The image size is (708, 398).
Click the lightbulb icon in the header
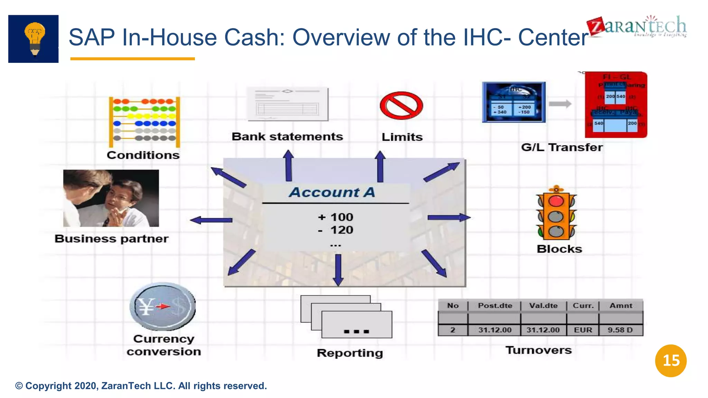tap(34, 38)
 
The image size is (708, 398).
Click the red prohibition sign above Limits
tap(401, 106)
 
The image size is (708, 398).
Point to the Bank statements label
tap(287, 137)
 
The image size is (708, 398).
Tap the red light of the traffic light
tap(556, 201)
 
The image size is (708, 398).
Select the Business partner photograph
tap(111, 198)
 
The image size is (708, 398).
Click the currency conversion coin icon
tap(162, 306)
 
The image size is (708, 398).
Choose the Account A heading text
tap(332, 192)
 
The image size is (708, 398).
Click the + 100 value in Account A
tap(335, 217)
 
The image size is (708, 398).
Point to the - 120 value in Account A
tap(336, 230)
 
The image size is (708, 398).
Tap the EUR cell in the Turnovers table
tap(583, 330)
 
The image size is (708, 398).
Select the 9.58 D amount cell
tap(620, 330)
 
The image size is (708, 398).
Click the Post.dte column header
tap(495, 306)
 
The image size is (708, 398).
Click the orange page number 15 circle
tap(671, 361)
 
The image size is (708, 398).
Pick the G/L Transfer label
tap(562, 148)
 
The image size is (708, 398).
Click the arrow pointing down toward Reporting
tap(338, 269)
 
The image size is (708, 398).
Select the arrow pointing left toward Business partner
tap(211, 220)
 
